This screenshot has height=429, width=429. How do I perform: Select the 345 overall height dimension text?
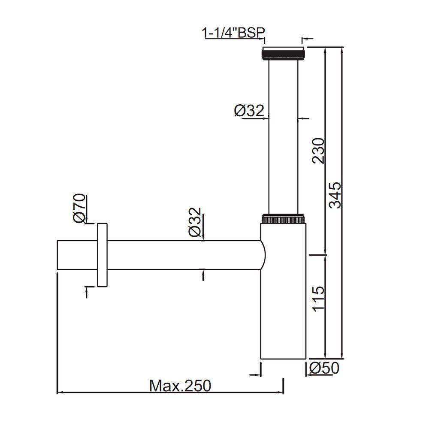tap(335, 195)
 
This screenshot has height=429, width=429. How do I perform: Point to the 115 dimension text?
tap(318, 299)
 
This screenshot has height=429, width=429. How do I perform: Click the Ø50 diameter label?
tap(324, 368)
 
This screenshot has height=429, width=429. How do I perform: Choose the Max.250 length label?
tap(180, 386)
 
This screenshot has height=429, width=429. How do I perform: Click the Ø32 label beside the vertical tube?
tap(249, 111)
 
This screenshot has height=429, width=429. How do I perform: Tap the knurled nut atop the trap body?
tap(283, 219)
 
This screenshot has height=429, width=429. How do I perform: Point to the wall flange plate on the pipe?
tap(102, 255)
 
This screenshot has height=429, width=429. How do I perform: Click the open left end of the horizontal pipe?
tap(58, 255)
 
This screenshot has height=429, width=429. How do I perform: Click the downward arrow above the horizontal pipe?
tap(202, 236)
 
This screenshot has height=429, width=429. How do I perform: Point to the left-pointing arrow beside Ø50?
tap(308, 368)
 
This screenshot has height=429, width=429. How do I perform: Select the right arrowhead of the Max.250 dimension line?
tap(281, 392)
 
